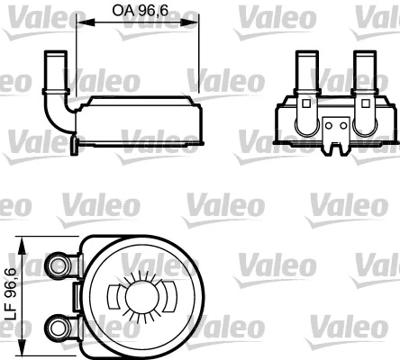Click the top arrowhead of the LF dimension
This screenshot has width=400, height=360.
(23, 242)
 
